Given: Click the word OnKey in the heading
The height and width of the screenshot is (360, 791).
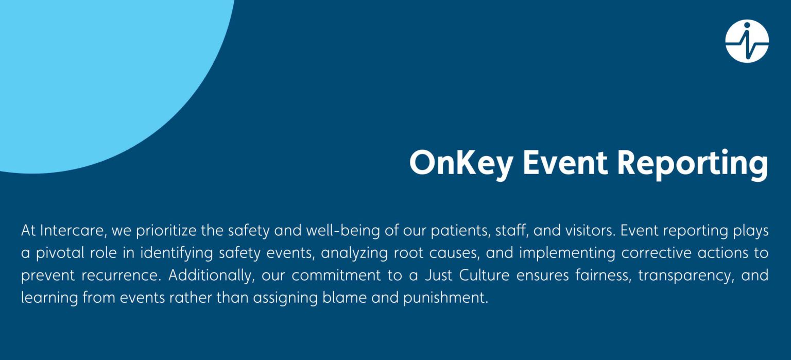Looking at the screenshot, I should (x=461, y=163).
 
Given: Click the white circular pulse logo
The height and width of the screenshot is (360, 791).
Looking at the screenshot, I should (x=747, y=41).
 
